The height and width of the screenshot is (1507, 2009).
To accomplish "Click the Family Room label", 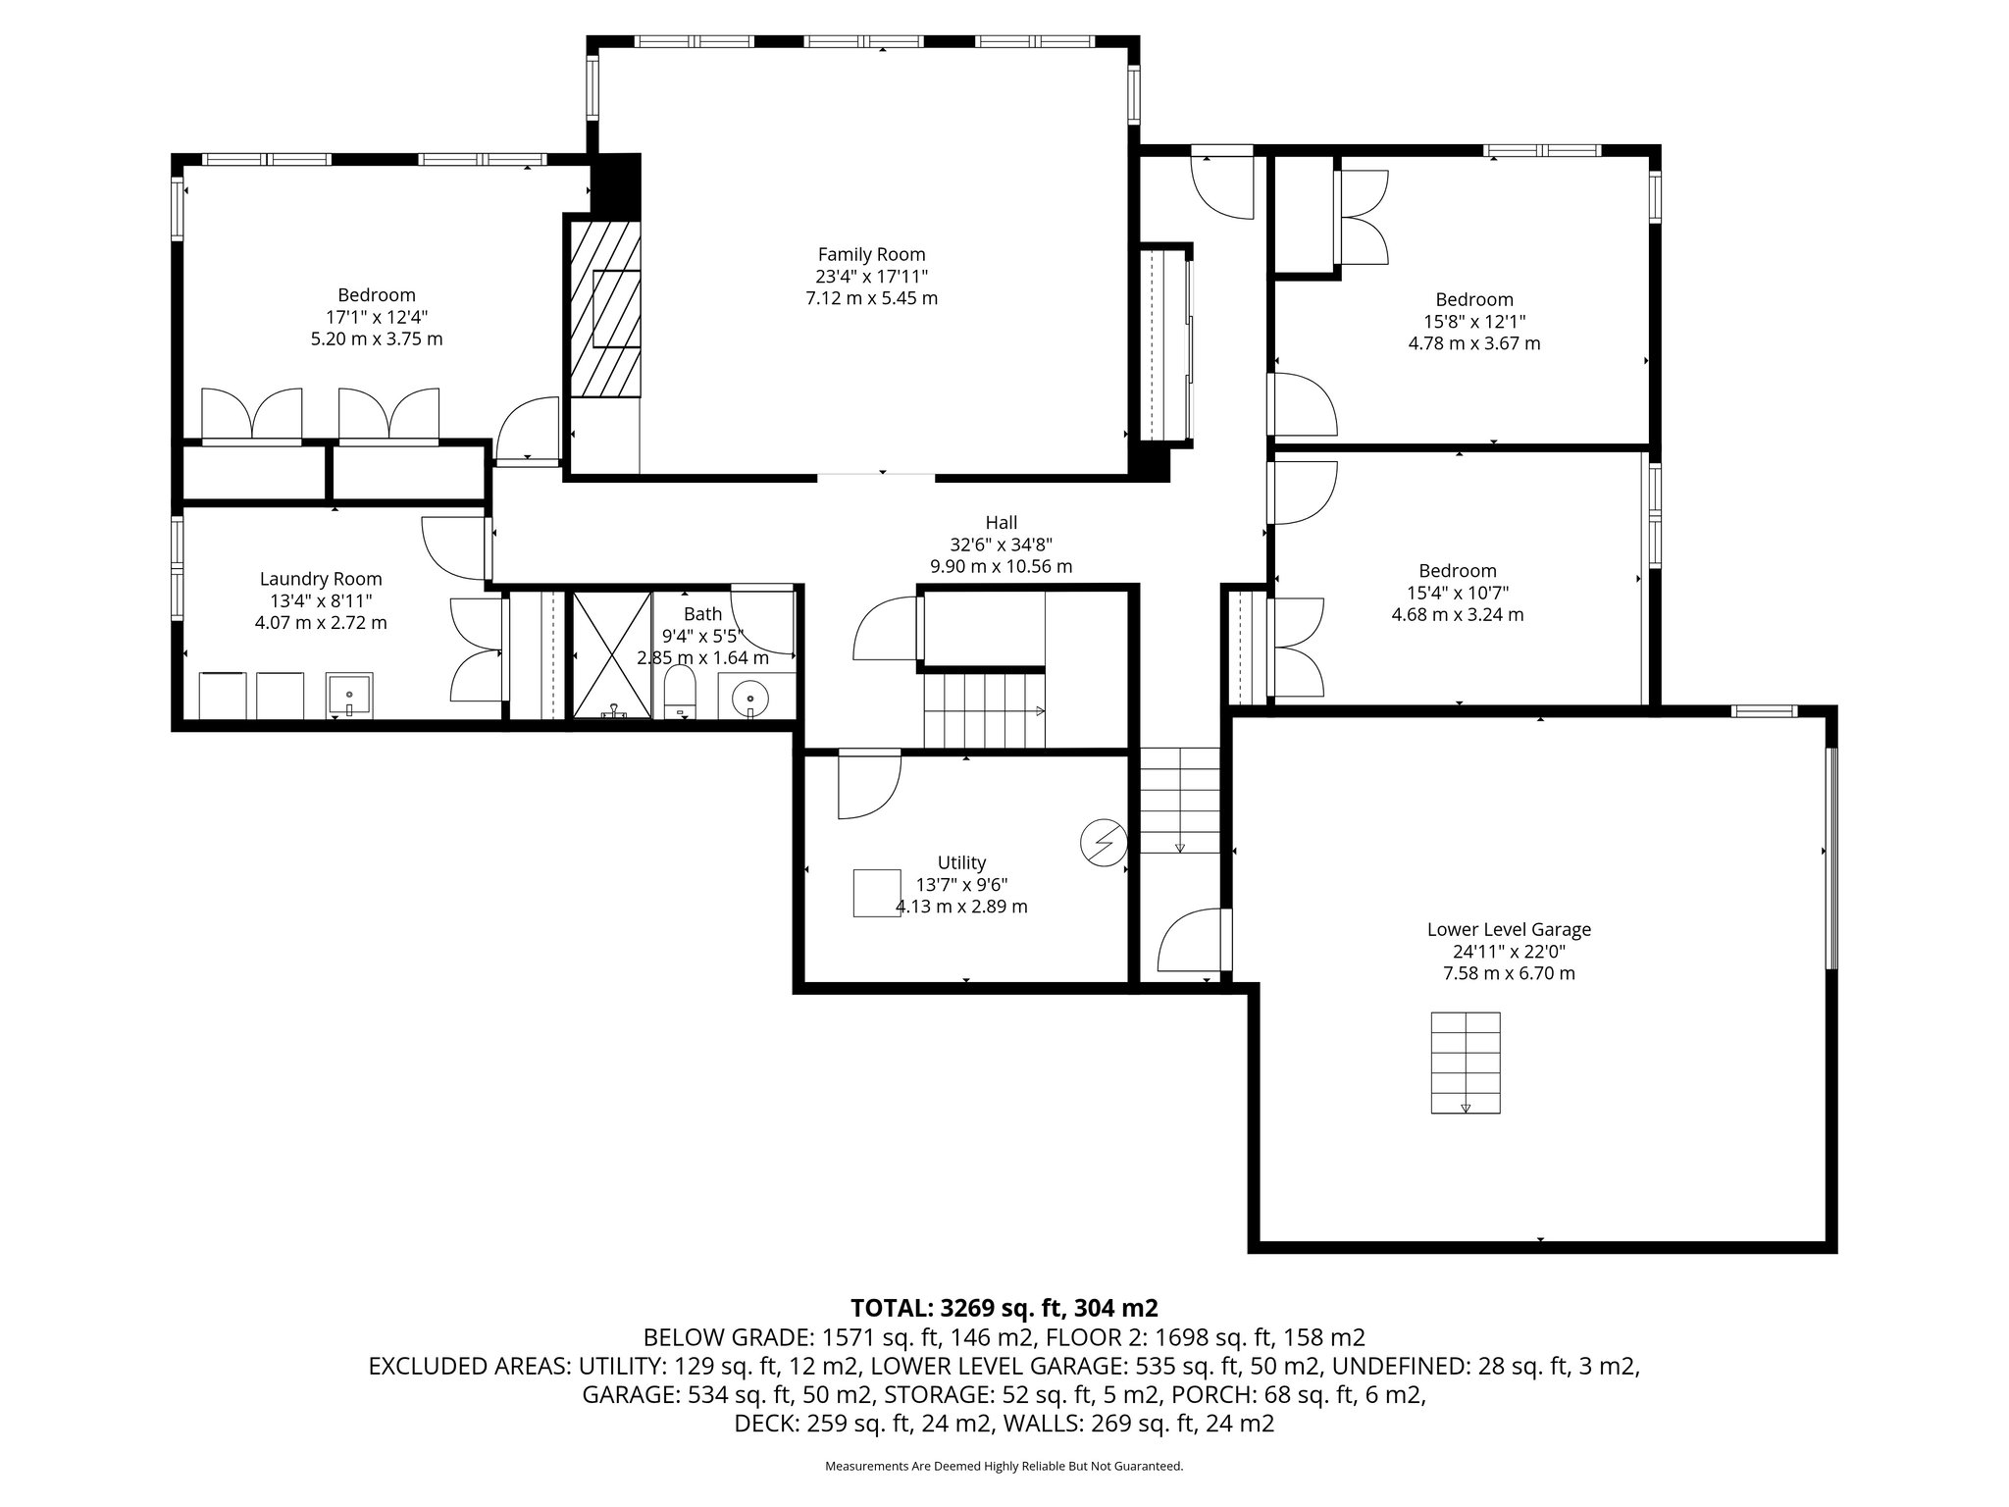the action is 871,255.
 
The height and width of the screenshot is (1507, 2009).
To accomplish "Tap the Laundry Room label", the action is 321,580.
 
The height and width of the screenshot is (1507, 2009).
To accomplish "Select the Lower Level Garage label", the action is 1509,929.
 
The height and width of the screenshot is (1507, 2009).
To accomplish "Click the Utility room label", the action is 961,862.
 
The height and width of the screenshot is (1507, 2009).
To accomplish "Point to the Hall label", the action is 1002,523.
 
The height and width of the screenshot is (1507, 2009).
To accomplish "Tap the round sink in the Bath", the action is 750,698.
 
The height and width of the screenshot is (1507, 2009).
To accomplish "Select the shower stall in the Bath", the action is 612,654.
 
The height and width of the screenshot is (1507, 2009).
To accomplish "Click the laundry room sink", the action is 349,696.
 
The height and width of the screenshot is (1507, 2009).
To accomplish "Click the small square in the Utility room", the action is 877,893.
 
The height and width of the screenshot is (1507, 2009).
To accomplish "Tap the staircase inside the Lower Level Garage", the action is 1466,1063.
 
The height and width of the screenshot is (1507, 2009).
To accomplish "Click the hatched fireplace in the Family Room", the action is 606,308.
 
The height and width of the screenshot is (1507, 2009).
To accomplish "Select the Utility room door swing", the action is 869,784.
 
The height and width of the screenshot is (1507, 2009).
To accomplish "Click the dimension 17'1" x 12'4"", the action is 377,317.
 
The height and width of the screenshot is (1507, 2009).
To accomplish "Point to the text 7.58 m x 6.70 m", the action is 1509,973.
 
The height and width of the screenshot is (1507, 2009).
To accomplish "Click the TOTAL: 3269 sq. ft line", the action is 1004,1308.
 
